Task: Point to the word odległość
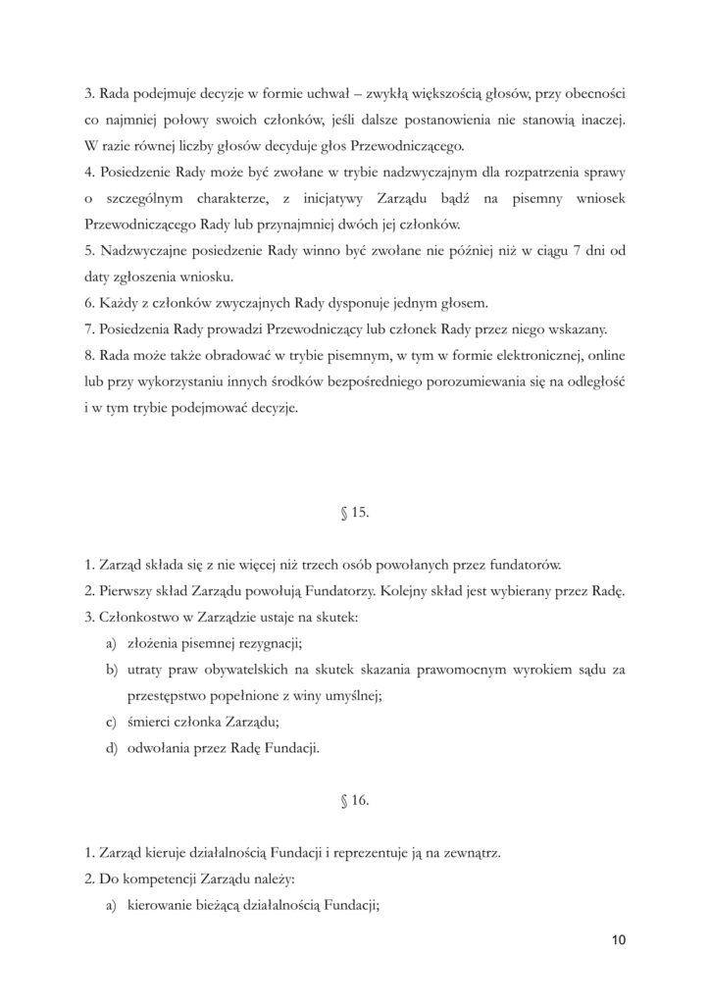coord(591,377)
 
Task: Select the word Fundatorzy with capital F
coord(318,590)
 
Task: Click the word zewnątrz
coord(470,853)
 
